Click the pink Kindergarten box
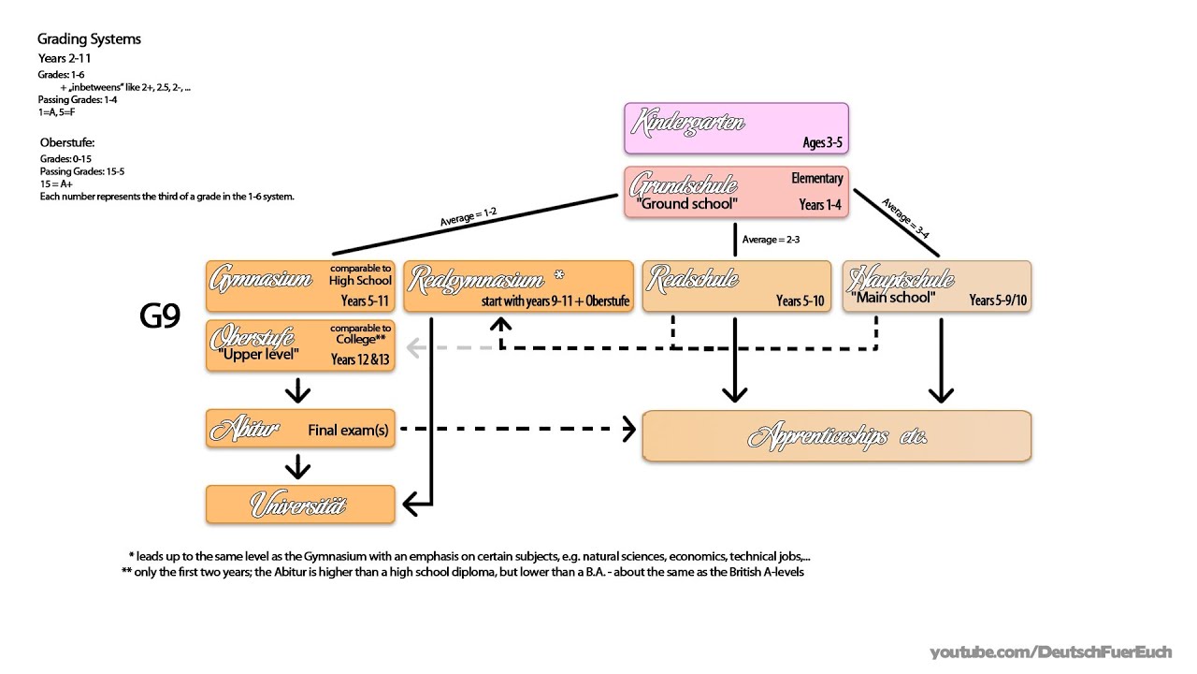[736, 128]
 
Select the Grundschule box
[736, 192]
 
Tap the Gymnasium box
[300, 286]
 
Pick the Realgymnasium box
[518, 286]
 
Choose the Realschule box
[736, 286]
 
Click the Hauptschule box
[937, 286]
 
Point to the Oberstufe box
[300, 345]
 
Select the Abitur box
[300, 429]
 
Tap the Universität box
[300, 505]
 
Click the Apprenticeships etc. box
[836, 436]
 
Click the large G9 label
[159, 317]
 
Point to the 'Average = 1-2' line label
[468, 218]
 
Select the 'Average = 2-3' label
[771, 240]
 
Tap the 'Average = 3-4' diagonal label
[904, 220]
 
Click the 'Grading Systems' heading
[89, 39]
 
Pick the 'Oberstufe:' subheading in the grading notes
[67, 142]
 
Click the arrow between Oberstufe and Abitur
[297, 389]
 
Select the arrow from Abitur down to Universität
[297, 465]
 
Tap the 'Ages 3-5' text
[822, 143]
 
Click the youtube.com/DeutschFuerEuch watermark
[1057, 652]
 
